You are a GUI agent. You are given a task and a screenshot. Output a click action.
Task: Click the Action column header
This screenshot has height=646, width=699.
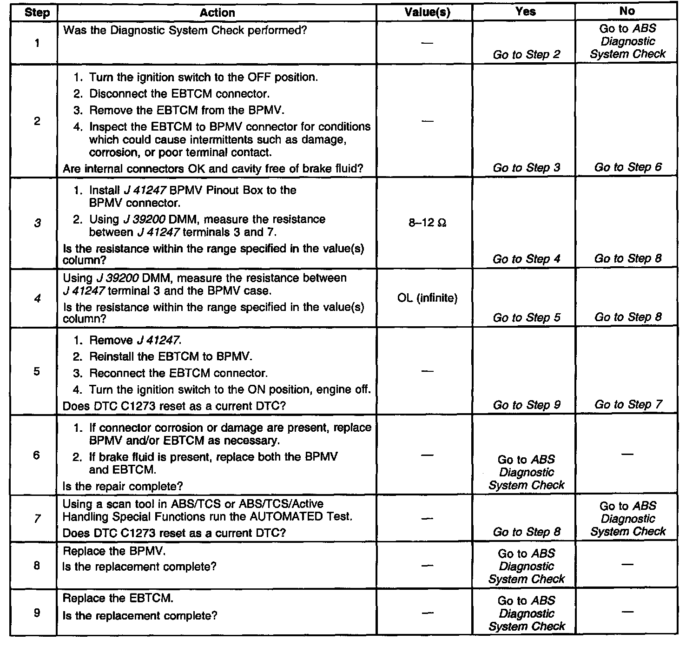tap(217, 13)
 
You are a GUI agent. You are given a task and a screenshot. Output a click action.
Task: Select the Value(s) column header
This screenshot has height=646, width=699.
tap(427, 13)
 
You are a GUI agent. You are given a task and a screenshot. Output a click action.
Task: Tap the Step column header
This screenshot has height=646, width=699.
tap(37, 13)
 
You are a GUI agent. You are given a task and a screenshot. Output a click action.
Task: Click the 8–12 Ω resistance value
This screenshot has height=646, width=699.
tap(427, 223)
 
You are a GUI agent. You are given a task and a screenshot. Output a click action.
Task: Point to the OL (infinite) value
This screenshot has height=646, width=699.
tap(427, 298)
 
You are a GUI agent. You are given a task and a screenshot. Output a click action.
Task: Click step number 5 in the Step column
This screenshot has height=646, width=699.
tap(37, 371)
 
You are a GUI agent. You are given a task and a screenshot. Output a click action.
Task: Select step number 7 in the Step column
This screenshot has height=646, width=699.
tap(37, 518)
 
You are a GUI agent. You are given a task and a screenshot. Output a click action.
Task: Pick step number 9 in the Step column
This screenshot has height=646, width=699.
tap(37, 613)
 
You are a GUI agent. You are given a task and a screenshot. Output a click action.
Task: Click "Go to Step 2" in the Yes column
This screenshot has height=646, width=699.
tap(527, 54)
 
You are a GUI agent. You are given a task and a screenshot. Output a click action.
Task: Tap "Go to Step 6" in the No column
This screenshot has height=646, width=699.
tap(627, 167)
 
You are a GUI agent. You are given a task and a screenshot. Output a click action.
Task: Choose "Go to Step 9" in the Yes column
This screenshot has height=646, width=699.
tap(527, 405)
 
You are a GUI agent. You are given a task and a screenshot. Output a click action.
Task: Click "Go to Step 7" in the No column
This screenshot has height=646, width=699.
tap(627, 405)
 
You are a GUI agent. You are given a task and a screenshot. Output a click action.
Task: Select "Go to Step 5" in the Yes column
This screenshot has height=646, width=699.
tap(527, 317)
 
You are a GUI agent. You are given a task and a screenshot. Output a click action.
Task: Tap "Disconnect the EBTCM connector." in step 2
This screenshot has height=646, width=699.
tap(179, 94)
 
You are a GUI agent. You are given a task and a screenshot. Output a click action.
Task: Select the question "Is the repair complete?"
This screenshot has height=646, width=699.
tap(123, 486)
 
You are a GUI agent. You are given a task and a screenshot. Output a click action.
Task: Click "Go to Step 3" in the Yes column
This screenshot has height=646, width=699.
tap(527, 167)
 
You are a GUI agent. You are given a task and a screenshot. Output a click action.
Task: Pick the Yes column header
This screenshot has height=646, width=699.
tap(525, 12)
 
